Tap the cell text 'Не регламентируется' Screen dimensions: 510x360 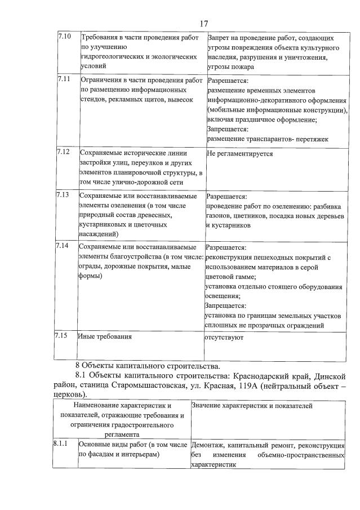pos(240,153)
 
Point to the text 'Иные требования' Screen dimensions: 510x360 pos(105,336)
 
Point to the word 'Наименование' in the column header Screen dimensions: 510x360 pos(99,405)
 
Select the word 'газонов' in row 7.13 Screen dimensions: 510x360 pos(218,216)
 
